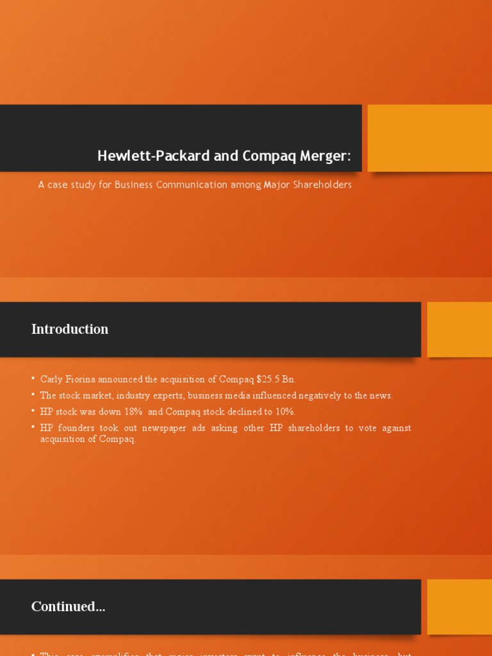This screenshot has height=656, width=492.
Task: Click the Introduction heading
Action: pyautogui.click(x=70, y=329)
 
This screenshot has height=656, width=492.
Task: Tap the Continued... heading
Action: pyautogui.click(x=68, y=607)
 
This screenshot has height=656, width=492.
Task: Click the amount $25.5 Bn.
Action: pyautogui.click(x=275, y=379)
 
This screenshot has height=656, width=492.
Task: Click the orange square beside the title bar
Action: pyautogui.click(x=429, y=138)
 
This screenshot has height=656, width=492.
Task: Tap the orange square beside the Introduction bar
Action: pyautogui.click(x=459, y=329)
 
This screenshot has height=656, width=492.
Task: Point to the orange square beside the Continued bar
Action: pyautogui.click(x=459, y=607)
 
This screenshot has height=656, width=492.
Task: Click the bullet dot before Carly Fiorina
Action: pyautogui.click(x=33, y=379)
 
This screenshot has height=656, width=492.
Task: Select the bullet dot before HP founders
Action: pyautogui.click(x=33, y=427)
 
